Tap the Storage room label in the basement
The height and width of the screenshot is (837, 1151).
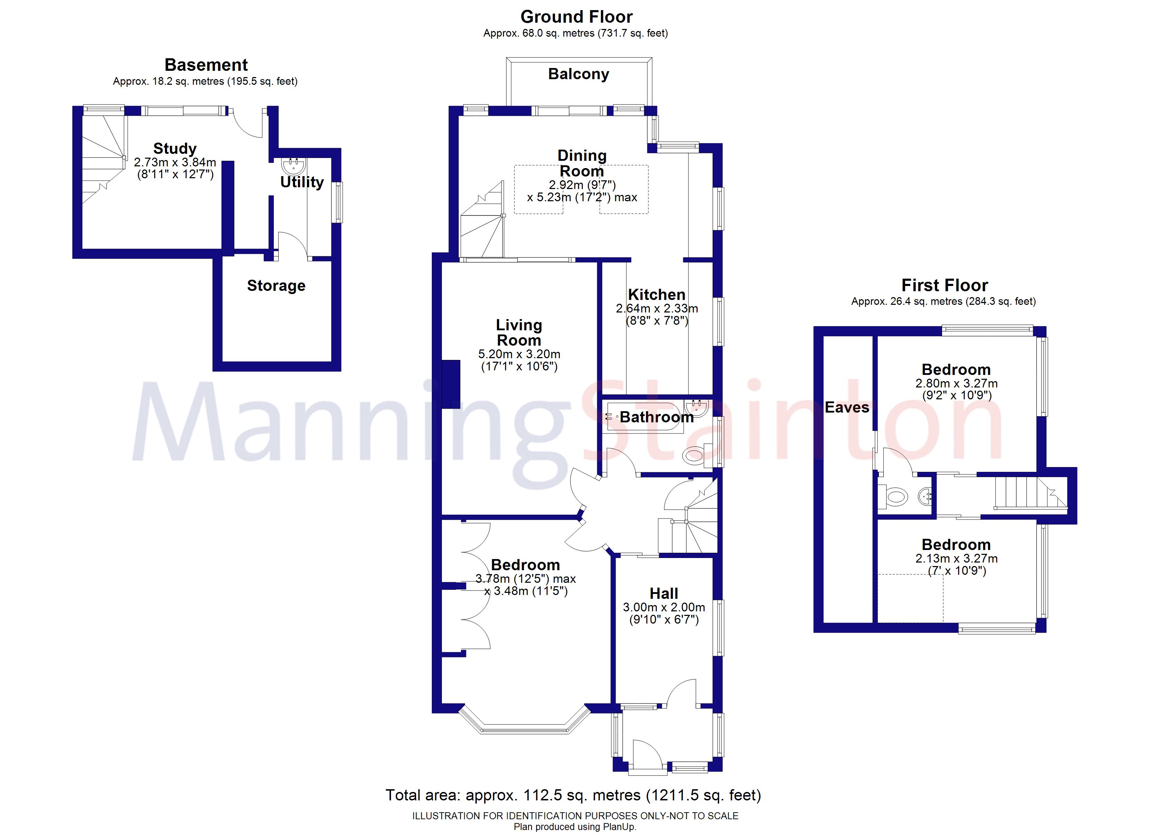point(276,286)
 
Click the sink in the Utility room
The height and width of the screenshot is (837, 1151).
point(294,165)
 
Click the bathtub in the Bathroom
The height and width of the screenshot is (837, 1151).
point(644,417)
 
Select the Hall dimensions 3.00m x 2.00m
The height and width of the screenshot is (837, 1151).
point(664,607)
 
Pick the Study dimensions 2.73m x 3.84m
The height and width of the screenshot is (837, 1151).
point(175,163)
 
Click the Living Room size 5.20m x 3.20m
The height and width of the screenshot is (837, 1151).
point(519,354)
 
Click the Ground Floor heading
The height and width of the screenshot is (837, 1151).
point(577,17)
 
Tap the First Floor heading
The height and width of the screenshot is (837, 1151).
point(945,285)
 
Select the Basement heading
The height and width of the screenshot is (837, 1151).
point(206,65)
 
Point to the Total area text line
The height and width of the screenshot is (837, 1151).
point(573,795)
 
